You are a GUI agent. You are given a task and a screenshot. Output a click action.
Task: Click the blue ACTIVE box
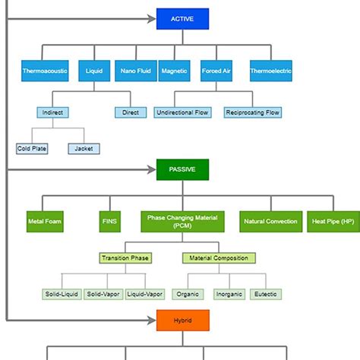point(182,19)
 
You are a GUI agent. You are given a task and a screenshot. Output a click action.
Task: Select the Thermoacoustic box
point(45,71)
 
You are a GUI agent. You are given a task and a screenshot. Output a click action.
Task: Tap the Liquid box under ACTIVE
point(93,71)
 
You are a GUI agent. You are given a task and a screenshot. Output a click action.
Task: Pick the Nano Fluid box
point(135,71)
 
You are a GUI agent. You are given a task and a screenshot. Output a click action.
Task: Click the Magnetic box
point(175,71)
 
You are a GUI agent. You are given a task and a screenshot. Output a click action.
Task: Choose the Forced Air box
point(216,71)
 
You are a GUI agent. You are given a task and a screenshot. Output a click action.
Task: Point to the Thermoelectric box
point(270,71)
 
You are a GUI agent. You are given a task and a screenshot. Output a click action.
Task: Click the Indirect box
point(53,112)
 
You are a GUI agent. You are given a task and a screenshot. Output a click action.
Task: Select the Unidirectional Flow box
point(183,112)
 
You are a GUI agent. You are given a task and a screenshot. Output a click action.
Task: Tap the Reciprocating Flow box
point(252,112)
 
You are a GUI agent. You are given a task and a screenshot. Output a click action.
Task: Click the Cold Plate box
point(32,148)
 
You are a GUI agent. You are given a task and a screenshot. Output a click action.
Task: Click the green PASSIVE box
point(182,169)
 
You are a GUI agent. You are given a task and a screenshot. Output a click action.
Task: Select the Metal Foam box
point(45,222)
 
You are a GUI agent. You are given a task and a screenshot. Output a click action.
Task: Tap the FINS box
point(109,222)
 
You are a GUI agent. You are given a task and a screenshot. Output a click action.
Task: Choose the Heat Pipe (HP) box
point(332,222)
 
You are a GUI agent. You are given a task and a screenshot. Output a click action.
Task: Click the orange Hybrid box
point(182,321)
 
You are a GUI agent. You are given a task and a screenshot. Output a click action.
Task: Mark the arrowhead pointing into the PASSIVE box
point(152,169)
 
